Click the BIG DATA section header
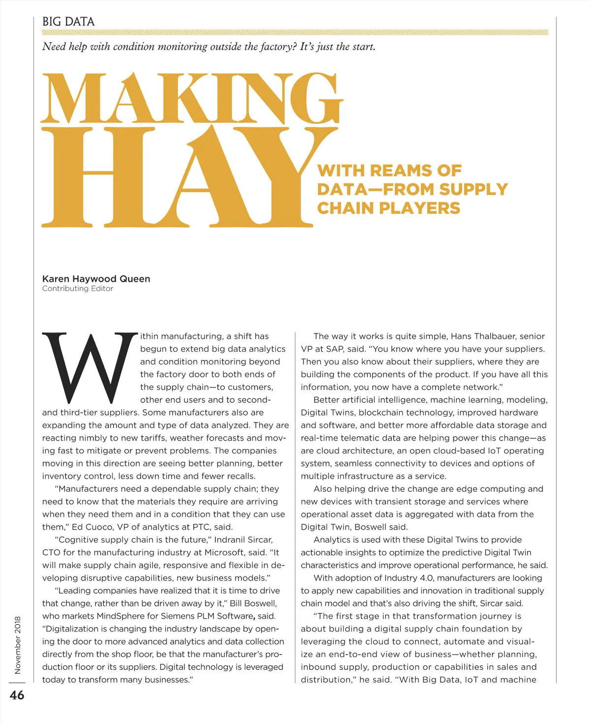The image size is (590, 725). tap(68, 22)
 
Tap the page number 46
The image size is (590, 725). tap(17, 695)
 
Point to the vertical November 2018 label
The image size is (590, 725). tap(18, 645)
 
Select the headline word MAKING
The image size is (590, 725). tap(192, 98)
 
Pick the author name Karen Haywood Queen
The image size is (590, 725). tap(96, 279)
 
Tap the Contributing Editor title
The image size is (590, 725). tap(78, 289)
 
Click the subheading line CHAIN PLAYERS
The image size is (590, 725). tap(388, 208)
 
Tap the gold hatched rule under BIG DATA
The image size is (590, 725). tap(295, 33)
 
